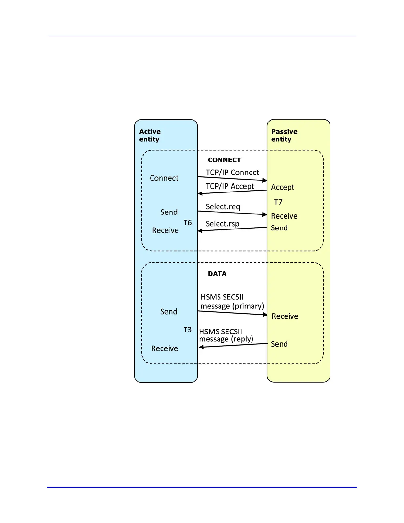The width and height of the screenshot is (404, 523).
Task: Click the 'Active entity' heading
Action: pyautogui.click(x=150, y=135)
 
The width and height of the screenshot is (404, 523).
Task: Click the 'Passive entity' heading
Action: pyautogui.click(x=284, y=135)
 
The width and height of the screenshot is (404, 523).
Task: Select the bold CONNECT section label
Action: pyautogui.click(x=224, y=160)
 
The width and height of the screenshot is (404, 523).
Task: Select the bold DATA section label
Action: pyautogui.click(x=217, y=274)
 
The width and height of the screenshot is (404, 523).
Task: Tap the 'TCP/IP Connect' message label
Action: pyautogui.click(x=232, y=172)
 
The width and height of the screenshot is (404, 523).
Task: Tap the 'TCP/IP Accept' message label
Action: pyautogui.click(x=230, y=186)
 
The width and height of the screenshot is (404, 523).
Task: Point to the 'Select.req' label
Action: pyautogui.click(x=223, y=207)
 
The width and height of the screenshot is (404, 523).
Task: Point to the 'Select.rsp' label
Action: pyautogui.click(x=222, y=224)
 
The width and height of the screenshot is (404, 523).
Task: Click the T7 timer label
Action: pyautogui.click(x=278, y=202)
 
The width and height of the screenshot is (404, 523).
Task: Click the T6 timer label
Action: pyautogui.click(x=187, y=223)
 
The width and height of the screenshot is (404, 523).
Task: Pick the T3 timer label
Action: pyautogui.click(x=187, y=330)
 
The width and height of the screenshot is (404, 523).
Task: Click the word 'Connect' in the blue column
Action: pyautogui.click(x=164, y=178)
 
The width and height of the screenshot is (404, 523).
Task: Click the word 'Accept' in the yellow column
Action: pyautogui.click(x=283, y=187)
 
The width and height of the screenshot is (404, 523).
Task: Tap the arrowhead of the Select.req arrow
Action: pyautogui.click(x=265, y=215)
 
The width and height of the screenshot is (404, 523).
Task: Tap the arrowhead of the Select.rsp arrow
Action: pyautogui.click(x=200, y=231)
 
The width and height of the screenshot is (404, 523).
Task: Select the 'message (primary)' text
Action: pyautogui.click(x=232, y=306)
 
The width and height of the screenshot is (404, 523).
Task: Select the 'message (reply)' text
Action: pyautogui.click(x=226, y=339)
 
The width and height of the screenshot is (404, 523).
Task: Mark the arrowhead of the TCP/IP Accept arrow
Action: pyautogui.click(x=200, y=193)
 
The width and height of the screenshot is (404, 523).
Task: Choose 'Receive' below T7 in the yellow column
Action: pyautogui.click(x=284, y=216)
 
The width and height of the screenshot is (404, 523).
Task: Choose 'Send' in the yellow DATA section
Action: pyautogui.click(x=279, y=344)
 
